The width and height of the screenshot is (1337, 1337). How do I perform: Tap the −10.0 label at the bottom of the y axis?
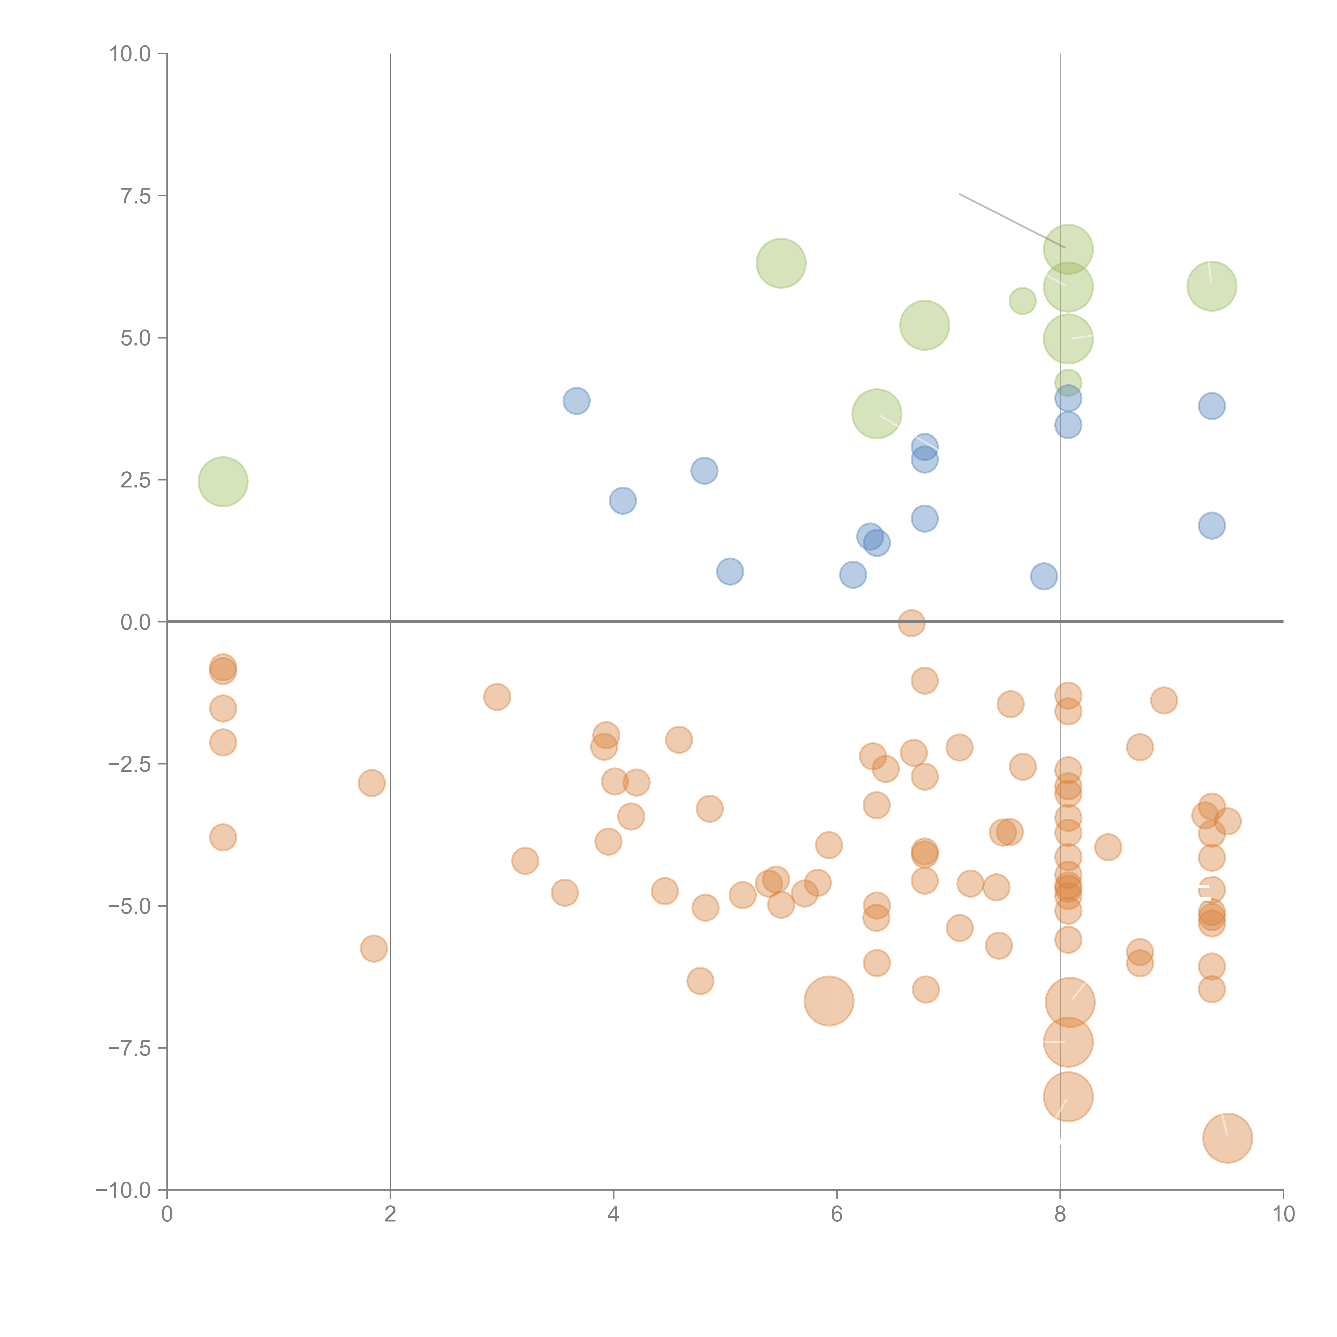[x=123, y=1190]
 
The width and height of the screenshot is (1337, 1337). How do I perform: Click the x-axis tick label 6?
[x=837, y=1215]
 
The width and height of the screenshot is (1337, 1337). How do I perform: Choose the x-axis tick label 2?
[x=390, y=1215]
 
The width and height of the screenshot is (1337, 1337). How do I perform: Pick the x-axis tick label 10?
[x=1283, y=1215]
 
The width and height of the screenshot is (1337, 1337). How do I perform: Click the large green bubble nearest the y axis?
[x=223, y=482]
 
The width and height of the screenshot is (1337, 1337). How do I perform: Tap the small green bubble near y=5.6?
[x=1022, y=301]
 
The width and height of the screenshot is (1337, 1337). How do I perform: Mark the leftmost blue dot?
[x=577, y=401]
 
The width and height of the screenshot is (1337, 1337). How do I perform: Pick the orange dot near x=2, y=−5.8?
[x=374, y=949]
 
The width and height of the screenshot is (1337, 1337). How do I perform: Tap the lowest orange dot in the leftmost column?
[x=223, y=837]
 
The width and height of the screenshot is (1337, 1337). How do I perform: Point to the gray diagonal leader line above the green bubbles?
[x=1010, y=220]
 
